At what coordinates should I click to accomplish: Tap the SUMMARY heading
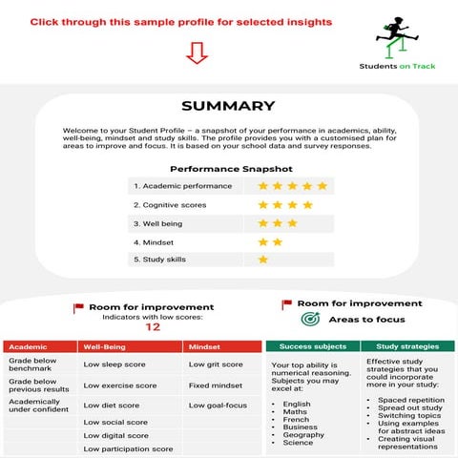click(228, 106)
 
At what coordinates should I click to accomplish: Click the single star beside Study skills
click(263, 259)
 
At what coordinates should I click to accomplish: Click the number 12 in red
click(152, 326)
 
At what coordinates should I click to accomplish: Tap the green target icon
click(309, 319)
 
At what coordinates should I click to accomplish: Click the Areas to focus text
click(366, 320)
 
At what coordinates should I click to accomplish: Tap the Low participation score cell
click(128, 448)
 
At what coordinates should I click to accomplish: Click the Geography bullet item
click(304, 431)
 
